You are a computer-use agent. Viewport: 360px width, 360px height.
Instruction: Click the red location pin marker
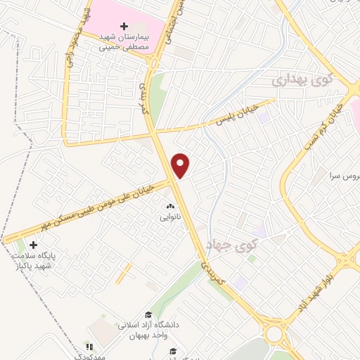(x=181, y=165)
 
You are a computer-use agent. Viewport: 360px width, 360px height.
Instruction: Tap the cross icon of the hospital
(x=124, y=26)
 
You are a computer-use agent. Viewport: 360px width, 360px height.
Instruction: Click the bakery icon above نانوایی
(x=169, y=207)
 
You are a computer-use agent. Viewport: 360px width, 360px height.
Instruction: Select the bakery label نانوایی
(x=170, y=217)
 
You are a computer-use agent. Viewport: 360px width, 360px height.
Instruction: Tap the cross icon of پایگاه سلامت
(x=33, y=245)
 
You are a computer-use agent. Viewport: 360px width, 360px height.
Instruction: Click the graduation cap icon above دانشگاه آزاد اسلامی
(x=148, y=314)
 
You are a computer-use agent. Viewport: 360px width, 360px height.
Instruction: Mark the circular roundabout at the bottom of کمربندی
(x=274, y=333)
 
